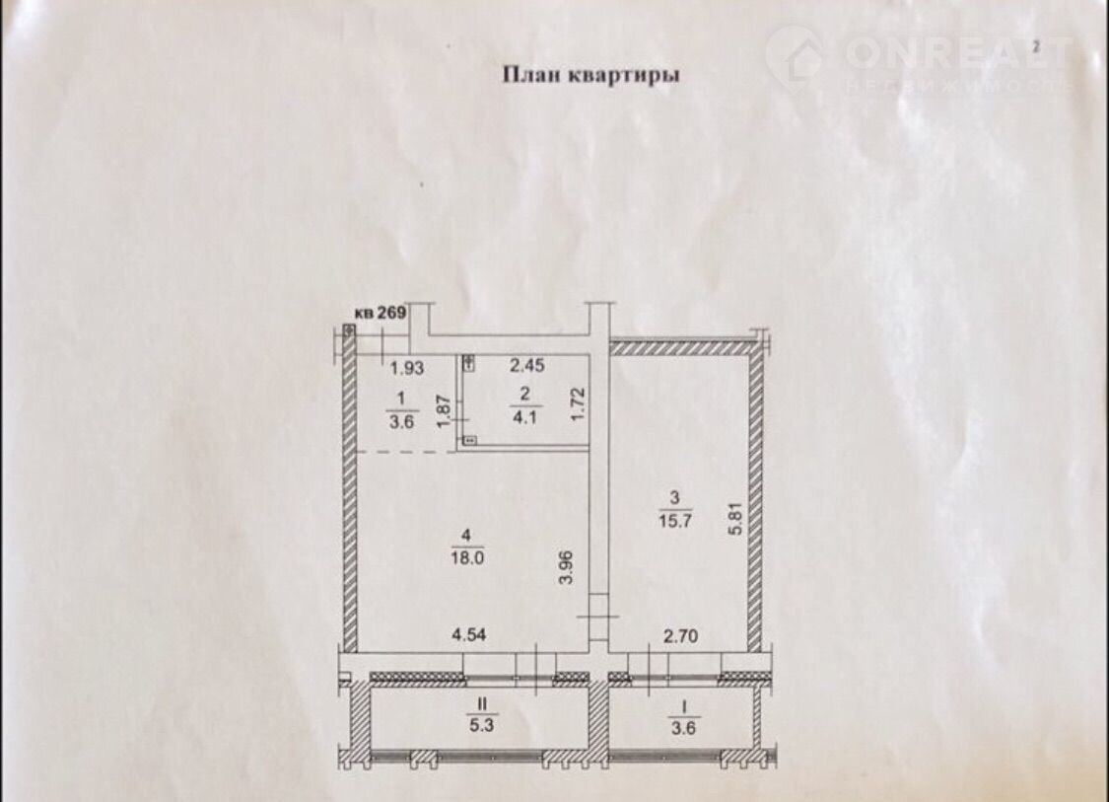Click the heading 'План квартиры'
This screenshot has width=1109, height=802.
point(590,75)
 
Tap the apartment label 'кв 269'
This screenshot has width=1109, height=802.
point(381,312)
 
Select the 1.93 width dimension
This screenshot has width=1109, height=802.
point(407,367)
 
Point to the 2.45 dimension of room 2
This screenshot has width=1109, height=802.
point(527,365)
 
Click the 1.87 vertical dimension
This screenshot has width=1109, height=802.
point(445,411)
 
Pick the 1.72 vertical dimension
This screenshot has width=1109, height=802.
point(578,404)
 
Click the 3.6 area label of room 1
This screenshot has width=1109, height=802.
point(401,422)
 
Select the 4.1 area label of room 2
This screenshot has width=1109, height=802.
point(524,417)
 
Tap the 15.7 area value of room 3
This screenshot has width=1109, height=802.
point(675,520)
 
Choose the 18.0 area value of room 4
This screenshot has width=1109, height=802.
point(467,557)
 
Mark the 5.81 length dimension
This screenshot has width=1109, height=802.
point(736,519)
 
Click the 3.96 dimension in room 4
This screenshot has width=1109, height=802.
point(566,567)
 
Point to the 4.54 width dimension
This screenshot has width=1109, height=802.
point(469,635)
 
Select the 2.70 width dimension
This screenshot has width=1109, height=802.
point(680,636)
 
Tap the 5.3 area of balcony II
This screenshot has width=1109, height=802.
point(482,725)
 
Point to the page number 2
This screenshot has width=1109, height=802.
point(1036,46)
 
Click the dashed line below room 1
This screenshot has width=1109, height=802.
point(404,452)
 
